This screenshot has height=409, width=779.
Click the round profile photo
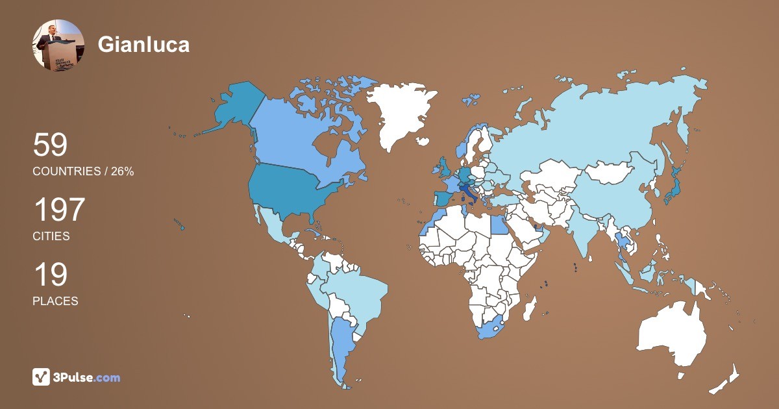pyautogui.click(x=58, y=45)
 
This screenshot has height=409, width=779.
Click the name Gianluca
pyautogui.click(x=143, y=44)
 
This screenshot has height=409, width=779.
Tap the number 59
pyautogui.click(x=50, y=145)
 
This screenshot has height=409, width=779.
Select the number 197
pyautogui.click(x=59, y=210)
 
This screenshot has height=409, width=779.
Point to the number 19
pyautogui.click(x=50, y=275)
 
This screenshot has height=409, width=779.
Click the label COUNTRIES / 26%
pyautogui.click(x=83, y=171)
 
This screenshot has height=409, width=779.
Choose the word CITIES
pyautogui.click(x=51, y=236)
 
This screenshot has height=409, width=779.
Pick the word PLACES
pyautogui.click(x=55, y=301)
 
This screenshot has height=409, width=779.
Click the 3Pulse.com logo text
pyautogui.click(x=87, y=377)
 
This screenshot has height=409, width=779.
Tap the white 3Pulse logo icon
pyautogui.click(x=41, y=377)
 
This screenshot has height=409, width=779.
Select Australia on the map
pyautogui.click(x=672, y=334)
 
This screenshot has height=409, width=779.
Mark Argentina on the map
pyautogui.click(x=341, y=344)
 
